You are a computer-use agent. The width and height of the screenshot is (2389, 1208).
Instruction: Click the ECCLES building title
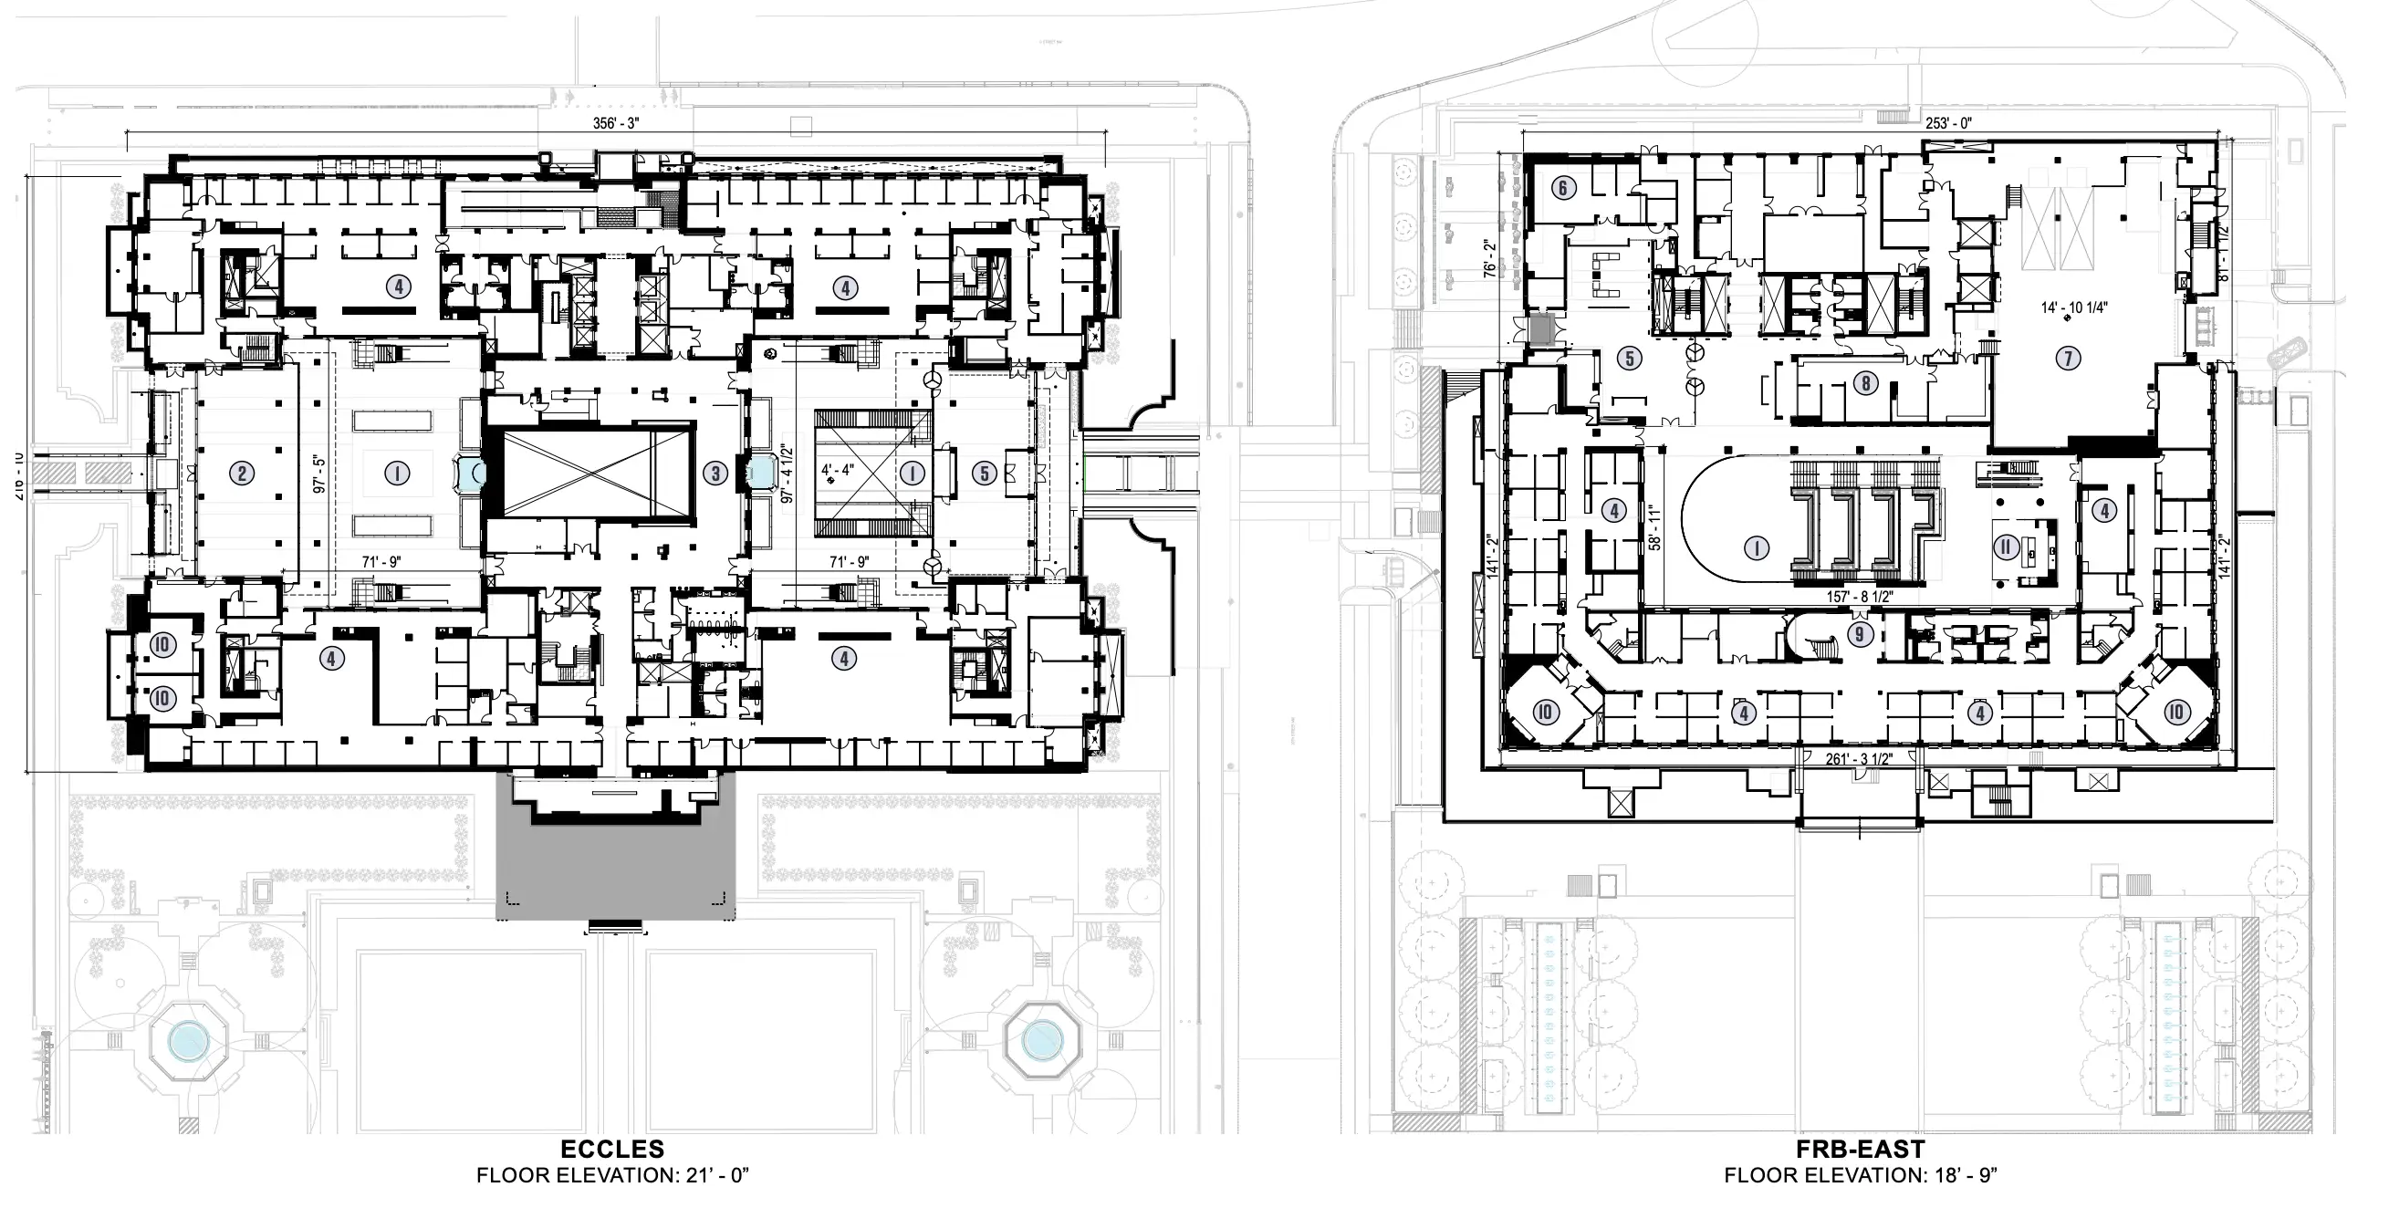pyautogui.click(x=612, y=1150)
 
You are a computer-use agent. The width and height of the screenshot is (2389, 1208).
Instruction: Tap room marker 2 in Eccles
pyautogui.click(x=242, y=474)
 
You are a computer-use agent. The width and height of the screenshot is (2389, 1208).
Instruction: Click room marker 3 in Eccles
pyautogui.click(x=715, y=474)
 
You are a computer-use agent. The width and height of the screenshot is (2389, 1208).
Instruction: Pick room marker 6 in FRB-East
pyautogui.click(x=1562, y=188)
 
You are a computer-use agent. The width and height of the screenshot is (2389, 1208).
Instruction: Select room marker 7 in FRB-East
pyautogui.click(x=2068, y=358)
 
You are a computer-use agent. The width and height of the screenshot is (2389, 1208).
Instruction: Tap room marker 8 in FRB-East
pyautogui.click(x=1865, y=382)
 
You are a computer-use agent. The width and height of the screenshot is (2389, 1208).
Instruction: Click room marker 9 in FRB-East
pyautogui.click(x=1859, y=634)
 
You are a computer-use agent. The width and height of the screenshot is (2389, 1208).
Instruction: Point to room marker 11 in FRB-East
pyautogui.click(x=2006, y=547)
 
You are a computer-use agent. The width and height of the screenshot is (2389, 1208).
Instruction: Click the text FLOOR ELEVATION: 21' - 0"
pyautogui.click(x=612, y=1176)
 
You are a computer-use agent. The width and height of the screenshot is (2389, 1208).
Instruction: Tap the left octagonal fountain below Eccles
pyautogui.click(x=188, y=1042)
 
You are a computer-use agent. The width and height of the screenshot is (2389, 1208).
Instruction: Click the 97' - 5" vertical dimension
pyautogui.click(x=319, y=474)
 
